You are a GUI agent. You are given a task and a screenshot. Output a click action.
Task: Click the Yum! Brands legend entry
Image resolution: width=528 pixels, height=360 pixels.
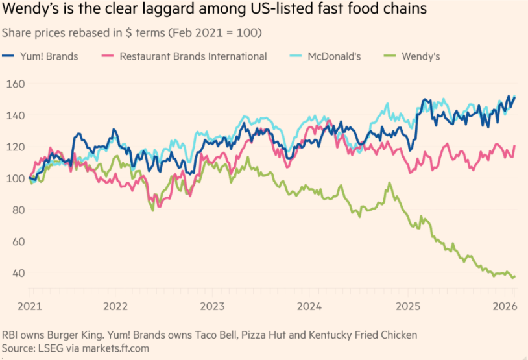[x=49, y=56]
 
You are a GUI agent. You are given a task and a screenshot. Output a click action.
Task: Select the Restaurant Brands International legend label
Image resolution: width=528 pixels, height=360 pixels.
[x=193, y=56]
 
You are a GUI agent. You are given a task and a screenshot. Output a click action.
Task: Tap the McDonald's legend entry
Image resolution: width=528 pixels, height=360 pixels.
[x=333, y=56]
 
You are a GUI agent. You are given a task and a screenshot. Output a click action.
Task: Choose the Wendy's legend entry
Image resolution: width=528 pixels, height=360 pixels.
[x=421, y=56]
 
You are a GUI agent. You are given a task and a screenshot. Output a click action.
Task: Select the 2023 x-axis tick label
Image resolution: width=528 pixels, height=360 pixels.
[x=211, y=306]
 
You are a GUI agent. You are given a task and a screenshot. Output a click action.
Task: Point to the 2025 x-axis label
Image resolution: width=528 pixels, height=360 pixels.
[x=409, y=306]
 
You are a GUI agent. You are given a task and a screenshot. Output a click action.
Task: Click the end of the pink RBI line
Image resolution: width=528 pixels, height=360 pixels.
[x=515, y=146]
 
